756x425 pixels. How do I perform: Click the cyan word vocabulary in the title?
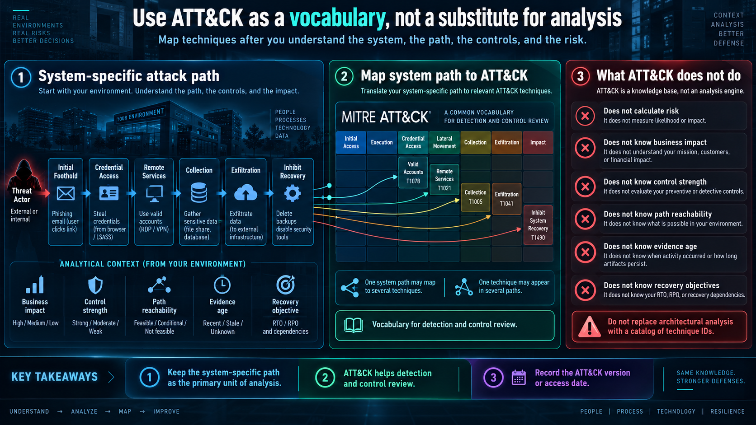(337, 18)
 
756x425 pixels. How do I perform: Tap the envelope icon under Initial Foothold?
(66, 194)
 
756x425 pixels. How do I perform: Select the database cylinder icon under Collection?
(199, 192)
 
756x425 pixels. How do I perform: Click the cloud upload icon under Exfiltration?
(246, 193)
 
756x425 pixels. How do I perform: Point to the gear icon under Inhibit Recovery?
(292, 193)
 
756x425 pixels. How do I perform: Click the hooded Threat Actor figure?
(24, 175)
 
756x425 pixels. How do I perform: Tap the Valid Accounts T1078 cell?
(413, 173)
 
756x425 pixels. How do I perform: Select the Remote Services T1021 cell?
(444, 179)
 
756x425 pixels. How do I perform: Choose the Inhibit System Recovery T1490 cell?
(538, 225)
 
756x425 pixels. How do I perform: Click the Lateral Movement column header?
(444, 142)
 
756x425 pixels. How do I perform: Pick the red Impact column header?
(538, 142)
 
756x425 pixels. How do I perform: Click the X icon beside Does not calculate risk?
(585, 116)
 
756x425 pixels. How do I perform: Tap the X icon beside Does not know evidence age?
(585, 252)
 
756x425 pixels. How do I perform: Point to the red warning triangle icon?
(589, 327)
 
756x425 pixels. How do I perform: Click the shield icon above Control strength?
(95, 285)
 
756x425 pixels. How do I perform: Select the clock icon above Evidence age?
(222, 285)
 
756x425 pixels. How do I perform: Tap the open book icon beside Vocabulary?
(354, 325)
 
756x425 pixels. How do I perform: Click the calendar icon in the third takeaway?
(519, 378)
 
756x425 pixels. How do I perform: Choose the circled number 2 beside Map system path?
(344, 76)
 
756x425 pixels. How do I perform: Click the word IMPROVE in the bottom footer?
(166, 411)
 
